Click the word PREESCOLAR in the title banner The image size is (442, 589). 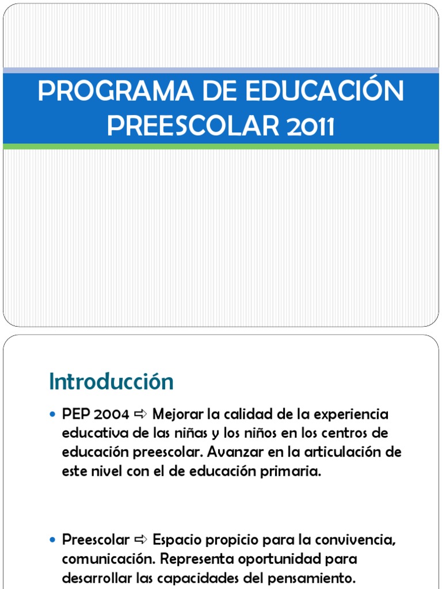(190, 127)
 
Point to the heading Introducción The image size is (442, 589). (111, 381)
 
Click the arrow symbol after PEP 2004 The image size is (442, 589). (140, 414)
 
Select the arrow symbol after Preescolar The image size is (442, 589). (140, 540)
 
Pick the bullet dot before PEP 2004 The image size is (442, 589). (53, 414)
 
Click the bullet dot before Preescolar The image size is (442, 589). (53, 540)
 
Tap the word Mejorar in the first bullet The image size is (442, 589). (178, 414)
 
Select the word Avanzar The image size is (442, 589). (235, 452)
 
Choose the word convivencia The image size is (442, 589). (352, 540)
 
